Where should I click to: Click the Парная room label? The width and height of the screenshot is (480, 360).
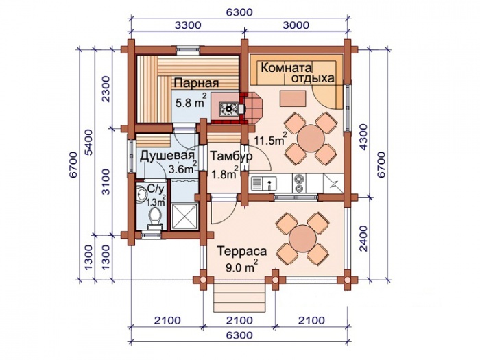(x=197, y=83)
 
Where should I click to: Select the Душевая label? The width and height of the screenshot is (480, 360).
(x=167, y=156)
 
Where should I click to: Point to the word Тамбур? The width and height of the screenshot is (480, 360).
(x=232, y=156)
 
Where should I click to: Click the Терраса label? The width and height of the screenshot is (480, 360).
(x=242, y=252)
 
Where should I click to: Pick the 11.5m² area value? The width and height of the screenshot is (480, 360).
(x=271, y=139)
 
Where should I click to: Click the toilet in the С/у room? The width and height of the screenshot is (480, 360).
(x=155, y=217)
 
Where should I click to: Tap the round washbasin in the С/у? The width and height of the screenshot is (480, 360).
(x=142, y=194)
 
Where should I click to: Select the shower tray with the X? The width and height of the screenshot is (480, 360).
(x=184, y=216)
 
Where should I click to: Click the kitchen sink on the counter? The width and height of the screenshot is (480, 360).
(x=264, y=184)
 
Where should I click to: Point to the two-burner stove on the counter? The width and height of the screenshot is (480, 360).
(x=298, y=183)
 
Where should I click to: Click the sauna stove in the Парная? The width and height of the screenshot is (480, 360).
(x=228, y=108)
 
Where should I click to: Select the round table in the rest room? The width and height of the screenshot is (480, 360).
(x=311, y=138)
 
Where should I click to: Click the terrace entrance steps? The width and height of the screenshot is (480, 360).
(x=239, y=298)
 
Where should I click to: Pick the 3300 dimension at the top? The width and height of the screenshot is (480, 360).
(x=188, y=25)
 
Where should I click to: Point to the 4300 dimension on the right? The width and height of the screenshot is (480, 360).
(x=363, y=137)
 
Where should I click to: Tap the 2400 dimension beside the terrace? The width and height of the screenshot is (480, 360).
(x=363, y=239)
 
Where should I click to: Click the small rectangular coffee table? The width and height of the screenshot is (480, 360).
(x=293, y=99)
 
